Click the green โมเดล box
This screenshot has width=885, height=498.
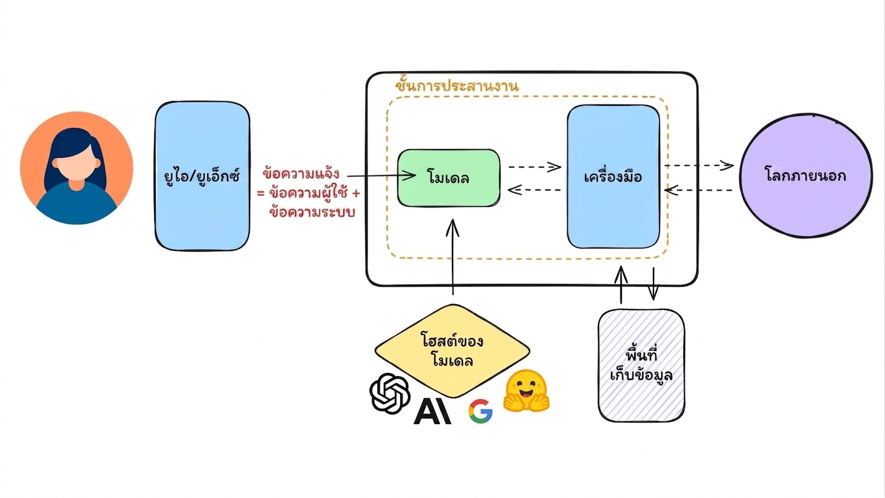coord(449,178)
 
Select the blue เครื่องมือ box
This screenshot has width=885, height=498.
coord(613,176)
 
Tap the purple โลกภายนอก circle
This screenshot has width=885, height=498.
coord(806,176)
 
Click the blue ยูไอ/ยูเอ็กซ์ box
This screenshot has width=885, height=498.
coord(202,176)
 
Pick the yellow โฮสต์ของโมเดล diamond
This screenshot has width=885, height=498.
coord(453,351)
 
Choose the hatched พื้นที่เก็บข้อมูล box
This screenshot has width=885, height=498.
coord(641,366)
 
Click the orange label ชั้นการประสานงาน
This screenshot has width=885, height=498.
coord(456,84)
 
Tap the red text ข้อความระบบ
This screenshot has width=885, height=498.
coord(312,212)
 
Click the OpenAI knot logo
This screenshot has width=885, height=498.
coord(390,394)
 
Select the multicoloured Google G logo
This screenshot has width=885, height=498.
coord(480,411)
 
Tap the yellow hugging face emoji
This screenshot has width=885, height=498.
coord(526,391)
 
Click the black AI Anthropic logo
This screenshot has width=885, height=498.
coord(432,411)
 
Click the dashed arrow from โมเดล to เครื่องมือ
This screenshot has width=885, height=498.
coord(534,167)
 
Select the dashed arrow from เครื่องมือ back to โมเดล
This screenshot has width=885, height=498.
coord(534,190)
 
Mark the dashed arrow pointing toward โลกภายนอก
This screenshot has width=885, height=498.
coord(699,165)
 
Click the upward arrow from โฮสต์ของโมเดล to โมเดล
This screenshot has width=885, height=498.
coord(453,257)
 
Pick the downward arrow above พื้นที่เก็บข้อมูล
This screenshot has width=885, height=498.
coord(653,283)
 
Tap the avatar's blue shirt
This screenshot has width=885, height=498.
coord(77,205)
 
